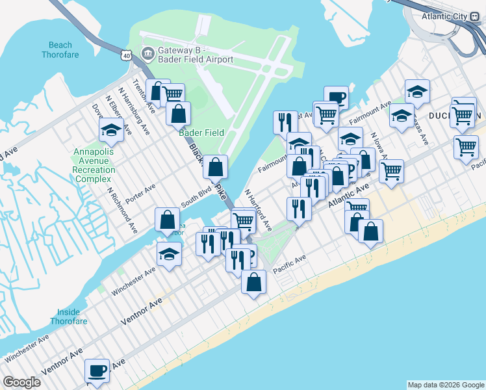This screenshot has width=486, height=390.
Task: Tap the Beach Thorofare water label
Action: click(64, 50)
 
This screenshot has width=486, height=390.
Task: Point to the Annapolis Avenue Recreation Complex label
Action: click(94, 165)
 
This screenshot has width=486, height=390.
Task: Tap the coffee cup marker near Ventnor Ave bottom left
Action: click(97, 370)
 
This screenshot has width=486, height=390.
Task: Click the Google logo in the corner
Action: click(21, 382)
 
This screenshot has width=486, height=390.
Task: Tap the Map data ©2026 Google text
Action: click(445, 385)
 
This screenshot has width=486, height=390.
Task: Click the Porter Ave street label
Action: click(140, 193)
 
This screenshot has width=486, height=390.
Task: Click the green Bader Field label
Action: click(201, 133)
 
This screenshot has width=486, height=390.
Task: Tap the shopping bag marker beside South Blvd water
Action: click(168, 220)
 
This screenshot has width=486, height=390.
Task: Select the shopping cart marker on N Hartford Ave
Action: click(243, 220)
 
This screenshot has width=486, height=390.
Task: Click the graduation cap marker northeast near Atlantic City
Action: click(417, 92)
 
